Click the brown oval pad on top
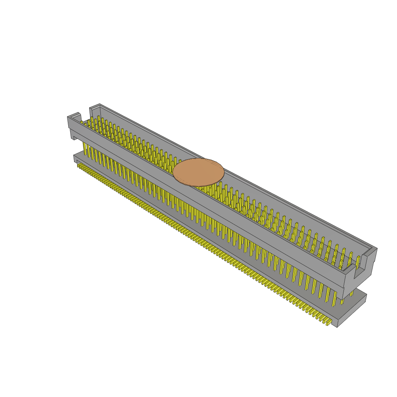[198, 172]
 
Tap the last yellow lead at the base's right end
[328, 322]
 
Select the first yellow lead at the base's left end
[79, 165]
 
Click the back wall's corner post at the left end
[94, 110]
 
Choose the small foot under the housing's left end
[73, 136]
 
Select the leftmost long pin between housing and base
[85, 149]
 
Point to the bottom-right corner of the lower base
[337, 327]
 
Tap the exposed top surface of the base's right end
[355, 299]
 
